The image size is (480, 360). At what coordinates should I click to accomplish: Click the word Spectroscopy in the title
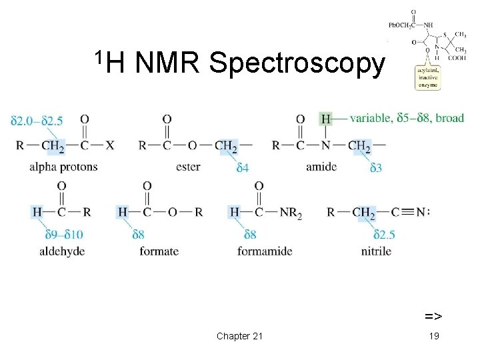(x=297, y=64)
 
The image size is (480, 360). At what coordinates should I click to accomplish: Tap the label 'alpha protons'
(x=63, y=167)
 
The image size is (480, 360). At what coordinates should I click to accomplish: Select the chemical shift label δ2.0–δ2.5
(x=37, y=121)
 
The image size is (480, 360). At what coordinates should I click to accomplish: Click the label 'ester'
(x=188, y=167)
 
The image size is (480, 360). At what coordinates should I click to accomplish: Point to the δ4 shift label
(x=242, y=168)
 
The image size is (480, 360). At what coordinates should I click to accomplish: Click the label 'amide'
(x=321, y=167)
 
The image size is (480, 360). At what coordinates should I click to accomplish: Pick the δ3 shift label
(x=376, y=168)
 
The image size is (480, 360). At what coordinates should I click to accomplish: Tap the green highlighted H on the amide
(x=325, y=119)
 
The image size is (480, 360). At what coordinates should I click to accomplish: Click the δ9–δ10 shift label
(x=64, y=234)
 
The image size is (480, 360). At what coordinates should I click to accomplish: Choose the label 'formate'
(x=159, y=251)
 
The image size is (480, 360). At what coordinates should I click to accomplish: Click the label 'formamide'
(x=265, y=251)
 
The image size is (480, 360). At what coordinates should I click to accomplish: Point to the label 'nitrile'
(x=376, y=251)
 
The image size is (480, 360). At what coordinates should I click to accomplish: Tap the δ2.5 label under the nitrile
(x=385, y=234)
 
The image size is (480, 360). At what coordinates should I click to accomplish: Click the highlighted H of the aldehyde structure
(x=37, y=212)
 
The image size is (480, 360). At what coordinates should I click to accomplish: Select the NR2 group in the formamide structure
(x=290, y=213)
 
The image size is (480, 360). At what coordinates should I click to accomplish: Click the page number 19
(x=434, y=335)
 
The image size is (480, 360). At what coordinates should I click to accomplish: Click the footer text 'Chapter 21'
(x=239, y=335)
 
